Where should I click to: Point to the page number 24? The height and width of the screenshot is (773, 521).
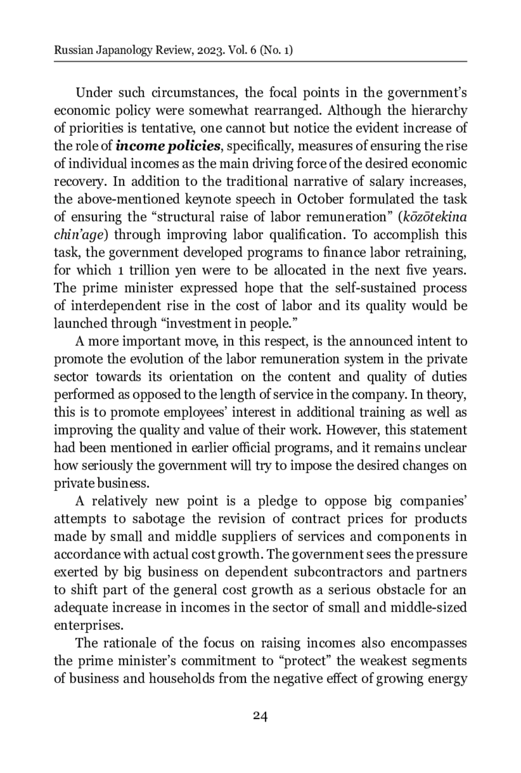[260, 715]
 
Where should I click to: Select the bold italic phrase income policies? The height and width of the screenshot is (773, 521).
[168, 146]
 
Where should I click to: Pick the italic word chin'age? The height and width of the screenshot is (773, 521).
[78, 235]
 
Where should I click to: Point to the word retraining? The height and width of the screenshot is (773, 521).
[436, 252]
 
